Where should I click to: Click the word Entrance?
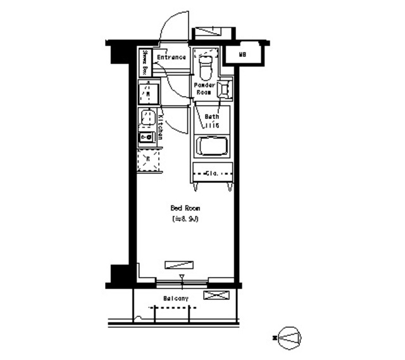click(171, 58)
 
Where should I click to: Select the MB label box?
click(243, 55)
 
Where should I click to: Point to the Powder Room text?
click(204, 89)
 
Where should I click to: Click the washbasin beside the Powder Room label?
click(225, 89)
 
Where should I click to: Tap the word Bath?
click(211, 117)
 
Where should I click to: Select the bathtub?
click(211, 147)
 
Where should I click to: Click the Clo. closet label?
click(212, 173)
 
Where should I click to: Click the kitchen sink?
click(147, 118)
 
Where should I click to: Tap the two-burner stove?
click(147, 137)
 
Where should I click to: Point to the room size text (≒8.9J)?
click(185, 219)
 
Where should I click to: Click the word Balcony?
click(175, 298)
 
